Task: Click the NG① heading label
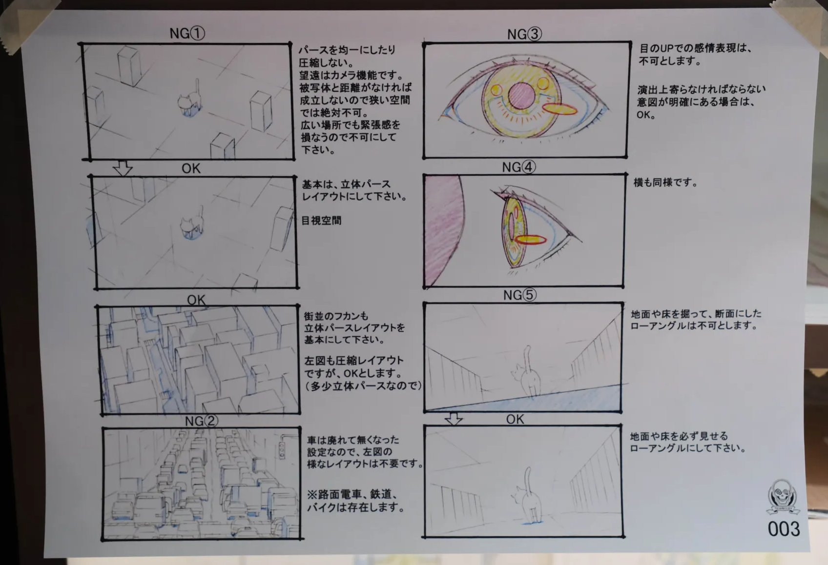pos(187,33)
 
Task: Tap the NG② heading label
pos(202,421)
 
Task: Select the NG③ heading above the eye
pos(524,34)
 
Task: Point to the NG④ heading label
pos(518,167)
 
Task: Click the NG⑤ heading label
pos(520,295)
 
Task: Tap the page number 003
pos(784,529)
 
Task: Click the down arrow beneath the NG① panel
pos(123,168)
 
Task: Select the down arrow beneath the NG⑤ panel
pos(453,419)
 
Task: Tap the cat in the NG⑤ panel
pos(526,372)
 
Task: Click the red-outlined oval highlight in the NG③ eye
pos(560,109)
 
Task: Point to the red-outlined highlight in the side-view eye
pos(531,240)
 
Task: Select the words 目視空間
pos(321,221)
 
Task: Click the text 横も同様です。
pos(665,182)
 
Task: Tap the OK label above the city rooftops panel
pos(196,300)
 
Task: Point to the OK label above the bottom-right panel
pos(515,420)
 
